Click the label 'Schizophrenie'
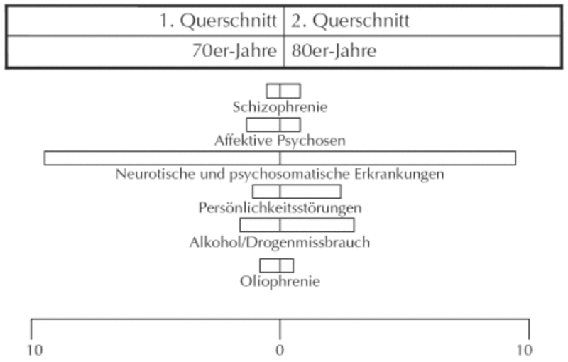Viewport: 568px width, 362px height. point(280,107)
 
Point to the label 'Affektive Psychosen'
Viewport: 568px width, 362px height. point(280,141)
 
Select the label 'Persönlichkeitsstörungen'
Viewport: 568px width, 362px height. point(280,208)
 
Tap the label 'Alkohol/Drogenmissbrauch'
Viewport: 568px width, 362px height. point(280,242)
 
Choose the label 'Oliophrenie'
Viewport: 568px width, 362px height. point(280,281)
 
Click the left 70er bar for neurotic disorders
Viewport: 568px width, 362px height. point(162,158)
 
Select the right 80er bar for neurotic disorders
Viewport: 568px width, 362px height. point(398,158)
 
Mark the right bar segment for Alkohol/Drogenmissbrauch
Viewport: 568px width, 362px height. point(317,225)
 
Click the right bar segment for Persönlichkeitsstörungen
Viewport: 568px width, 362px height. point(310,192)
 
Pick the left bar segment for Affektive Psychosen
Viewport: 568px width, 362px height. point(263,125)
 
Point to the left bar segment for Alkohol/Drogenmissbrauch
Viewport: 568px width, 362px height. point(260,225)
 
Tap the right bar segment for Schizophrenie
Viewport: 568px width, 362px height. point(290,91)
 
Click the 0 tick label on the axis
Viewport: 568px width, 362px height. point(280,351)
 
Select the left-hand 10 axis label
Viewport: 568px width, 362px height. point(35,351)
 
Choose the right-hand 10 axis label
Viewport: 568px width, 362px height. point(524,351)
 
